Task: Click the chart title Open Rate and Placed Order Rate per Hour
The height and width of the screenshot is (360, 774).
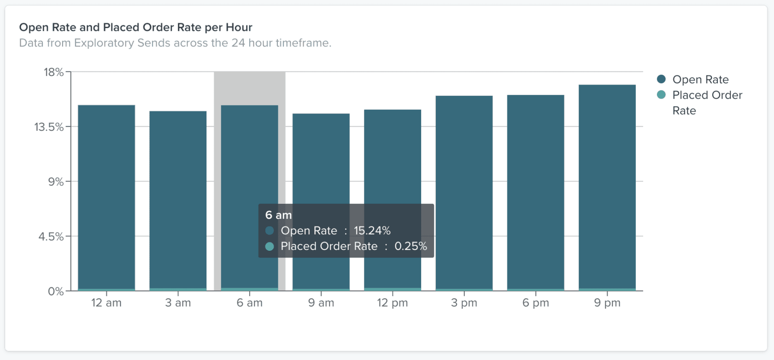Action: (x=135, y=27)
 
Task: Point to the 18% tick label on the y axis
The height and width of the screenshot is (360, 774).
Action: (x=53, y=72)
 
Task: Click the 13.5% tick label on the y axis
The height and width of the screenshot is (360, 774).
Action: (x=49, y=127)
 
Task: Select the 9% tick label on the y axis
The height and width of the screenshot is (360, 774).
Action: (x=56, y=182)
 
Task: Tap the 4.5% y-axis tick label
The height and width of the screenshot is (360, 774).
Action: (x=51, y=236)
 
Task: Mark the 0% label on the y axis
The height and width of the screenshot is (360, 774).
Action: (x=56, y=291)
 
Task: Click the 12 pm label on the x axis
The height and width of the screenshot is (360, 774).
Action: (x=393, y=303)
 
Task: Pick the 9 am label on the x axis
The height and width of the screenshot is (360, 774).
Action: (x=321, y=303)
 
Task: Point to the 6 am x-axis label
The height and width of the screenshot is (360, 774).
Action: (x=250, y=303)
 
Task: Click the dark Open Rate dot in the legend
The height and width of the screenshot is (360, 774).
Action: (x=661, y=79)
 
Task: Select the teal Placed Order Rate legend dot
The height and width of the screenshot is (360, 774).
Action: (x=661, y=95)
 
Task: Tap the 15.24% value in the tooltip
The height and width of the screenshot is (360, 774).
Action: (x=372, y=230)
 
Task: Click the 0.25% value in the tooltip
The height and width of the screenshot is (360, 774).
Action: (x=410, y=246)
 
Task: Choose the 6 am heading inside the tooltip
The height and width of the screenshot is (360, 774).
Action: (x=278, y=215)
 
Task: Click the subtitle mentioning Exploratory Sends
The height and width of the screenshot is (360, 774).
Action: (x=175, y=43)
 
